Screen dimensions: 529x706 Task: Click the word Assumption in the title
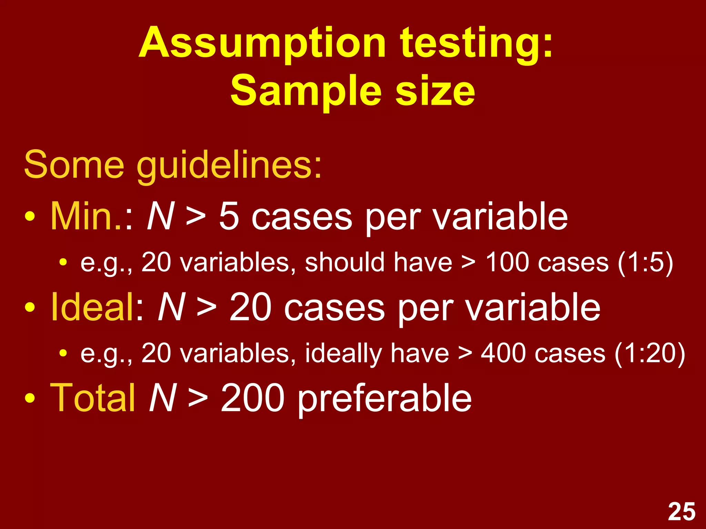coord(262,44)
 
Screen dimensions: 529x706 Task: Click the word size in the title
coord(435,92)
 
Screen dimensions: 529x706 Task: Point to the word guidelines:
coord(229,165)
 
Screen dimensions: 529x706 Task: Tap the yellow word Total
coord(92,397)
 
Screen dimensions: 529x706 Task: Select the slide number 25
coord(682,512)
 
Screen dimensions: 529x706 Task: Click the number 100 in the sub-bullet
coord(507,262)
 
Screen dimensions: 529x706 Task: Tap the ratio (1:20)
coord(650,354)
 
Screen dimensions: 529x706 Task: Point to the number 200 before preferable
coord(253,397)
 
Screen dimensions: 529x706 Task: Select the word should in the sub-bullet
coord(344,262)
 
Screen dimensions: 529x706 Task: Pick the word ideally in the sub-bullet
coord(343,354)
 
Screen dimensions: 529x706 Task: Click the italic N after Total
coord(162,397)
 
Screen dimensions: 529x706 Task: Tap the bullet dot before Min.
coord(30,217)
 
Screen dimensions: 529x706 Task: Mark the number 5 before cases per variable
coord(229,216)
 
